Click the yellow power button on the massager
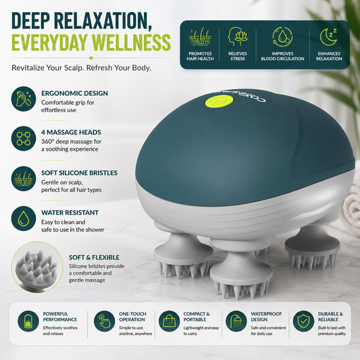(x=219, y=101)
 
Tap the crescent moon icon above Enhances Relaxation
(x=328, y=37)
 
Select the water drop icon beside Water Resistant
(x=24, y=218)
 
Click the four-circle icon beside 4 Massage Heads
(x=24, y=138)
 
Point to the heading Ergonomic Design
(x=74, y=93)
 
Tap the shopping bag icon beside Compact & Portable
(x=170, y=322)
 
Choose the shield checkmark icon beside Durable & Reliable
(x=303, y=322)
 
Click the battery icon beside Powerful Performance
(x=28, y=322)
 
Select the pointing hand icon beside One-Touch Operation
(x=105, y=322)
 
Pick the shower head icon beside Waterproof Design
(x=236, y=322)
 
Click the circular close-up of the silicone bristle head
(x=37, y=267)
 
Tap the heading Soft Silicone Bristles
(x=79, y=173)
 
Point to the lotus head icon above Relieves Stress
(x=238, y=36)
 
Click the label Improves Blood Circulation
(x=282, y=56)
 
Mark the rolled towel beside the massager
(x=349, y=207)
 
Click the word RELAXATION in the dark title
(x=103, y=21)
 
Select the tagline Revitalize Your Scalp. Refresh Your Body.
(x=81, y=68)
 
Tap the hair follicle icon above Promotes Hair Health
(x=200, y=36)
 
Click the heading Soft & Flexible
(x=94, y=257)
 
